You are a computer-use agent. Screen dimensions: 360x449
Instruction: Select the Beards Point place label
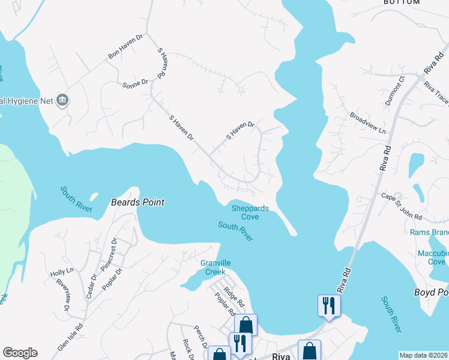point(137,203)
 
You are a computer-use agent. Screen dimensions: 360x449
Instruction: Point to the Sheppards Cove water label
point(250,212)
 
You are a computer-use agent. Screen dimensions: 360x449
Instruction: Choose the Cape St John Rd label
point(402,206)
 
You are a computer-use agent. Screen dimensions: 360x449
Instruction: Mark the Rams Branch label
point(429,232)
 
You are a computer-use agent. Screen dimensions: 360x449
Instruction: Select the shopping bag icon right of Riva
point(309,350)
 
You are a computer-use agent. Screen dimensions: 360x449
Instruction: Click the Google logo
point(20,353)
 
